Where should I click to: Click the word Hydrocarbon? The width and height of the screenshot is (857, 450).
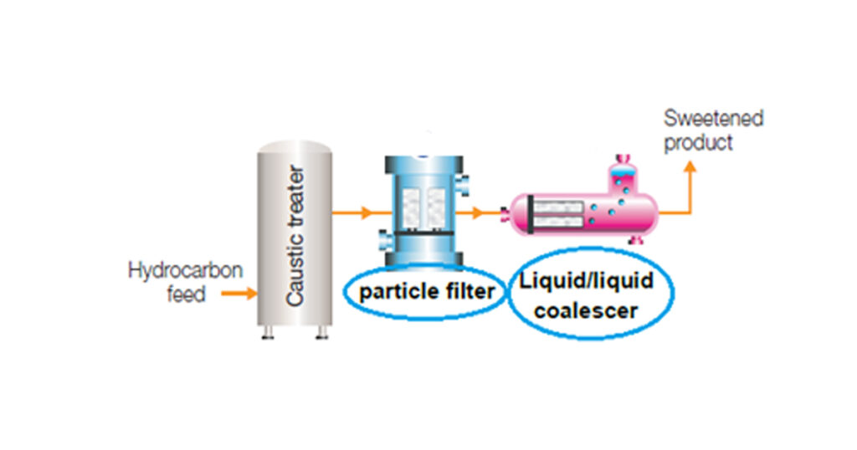[x=185, y=270]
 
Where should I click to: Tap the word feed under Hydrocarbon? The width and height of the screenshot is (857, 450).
[x=186, y=294]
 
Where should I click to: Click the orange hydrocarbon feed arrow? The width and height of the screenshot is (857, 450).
[x=239, y=294]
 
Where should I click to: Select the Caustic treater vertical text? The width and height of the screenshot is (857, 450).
[x=295, y=236]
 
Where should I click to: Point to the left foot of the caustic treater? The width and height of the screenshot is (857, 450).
[x=268, y=332]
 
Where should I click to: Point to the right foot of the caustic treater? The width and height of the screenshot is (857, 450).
[x=322, y=332]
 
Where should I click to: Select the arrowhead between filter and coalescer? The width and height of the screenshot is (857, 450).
[x=478, y=212]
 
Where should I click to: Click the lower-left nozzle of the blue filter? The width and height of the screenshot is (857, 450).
[x=385, y=242]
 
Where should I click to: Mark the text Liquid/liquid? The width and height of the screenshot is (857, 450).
[x=586, y=281]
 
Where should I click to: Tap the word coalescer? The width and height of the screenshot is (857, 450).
[x=586, y=311]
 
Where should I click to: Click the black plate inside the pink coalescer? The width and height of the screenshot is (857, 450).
[x=530, y=214]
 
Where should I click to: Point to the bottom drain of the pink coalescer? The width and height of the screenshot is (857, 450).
[x=635, y=239]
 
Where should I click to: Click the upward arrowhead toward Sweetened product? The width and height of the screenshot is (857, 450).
[x=690, y=166]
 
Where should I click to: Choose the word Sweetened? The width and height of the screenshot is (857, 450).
[x=713, y=118]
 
